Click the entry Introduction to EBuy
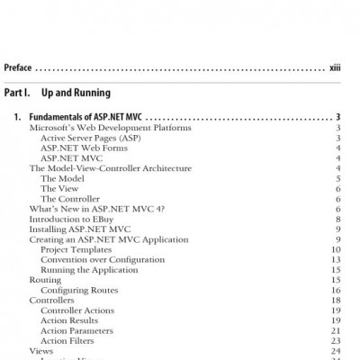coord(76,219)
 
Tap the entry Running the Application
coord(86,270)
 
